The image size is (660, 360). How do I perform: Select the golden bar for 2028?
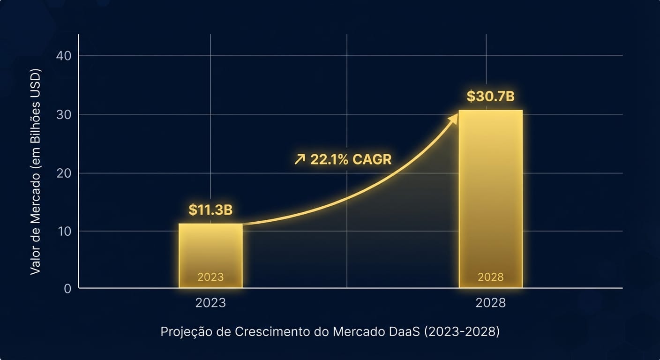490,197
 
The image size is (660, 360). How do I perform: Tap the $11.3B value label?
210,210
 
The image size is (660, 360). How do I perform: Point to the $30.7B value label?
490,97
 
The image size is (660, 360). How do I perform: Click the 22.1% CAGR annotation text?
351,159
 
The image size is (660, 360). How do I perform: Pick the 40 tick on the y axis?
64,56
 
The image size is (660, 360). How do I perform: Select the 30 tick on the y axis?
64,114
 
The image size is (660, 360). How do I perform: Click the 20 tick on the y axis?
64,173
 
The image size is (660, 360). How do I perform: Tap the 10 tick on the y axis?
64,231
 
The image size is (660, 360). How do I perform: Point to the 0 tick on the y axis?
67,288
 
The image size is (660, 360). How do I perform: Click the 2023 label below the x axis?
210,303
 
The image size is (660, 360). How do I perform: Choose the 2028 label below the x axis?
490,303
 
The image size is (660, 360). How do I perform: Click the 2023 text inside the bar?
210,277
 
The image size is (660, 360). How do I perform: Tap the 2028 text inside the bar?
490,277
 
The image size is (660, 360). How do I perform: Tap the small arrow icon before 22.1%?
299,160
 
